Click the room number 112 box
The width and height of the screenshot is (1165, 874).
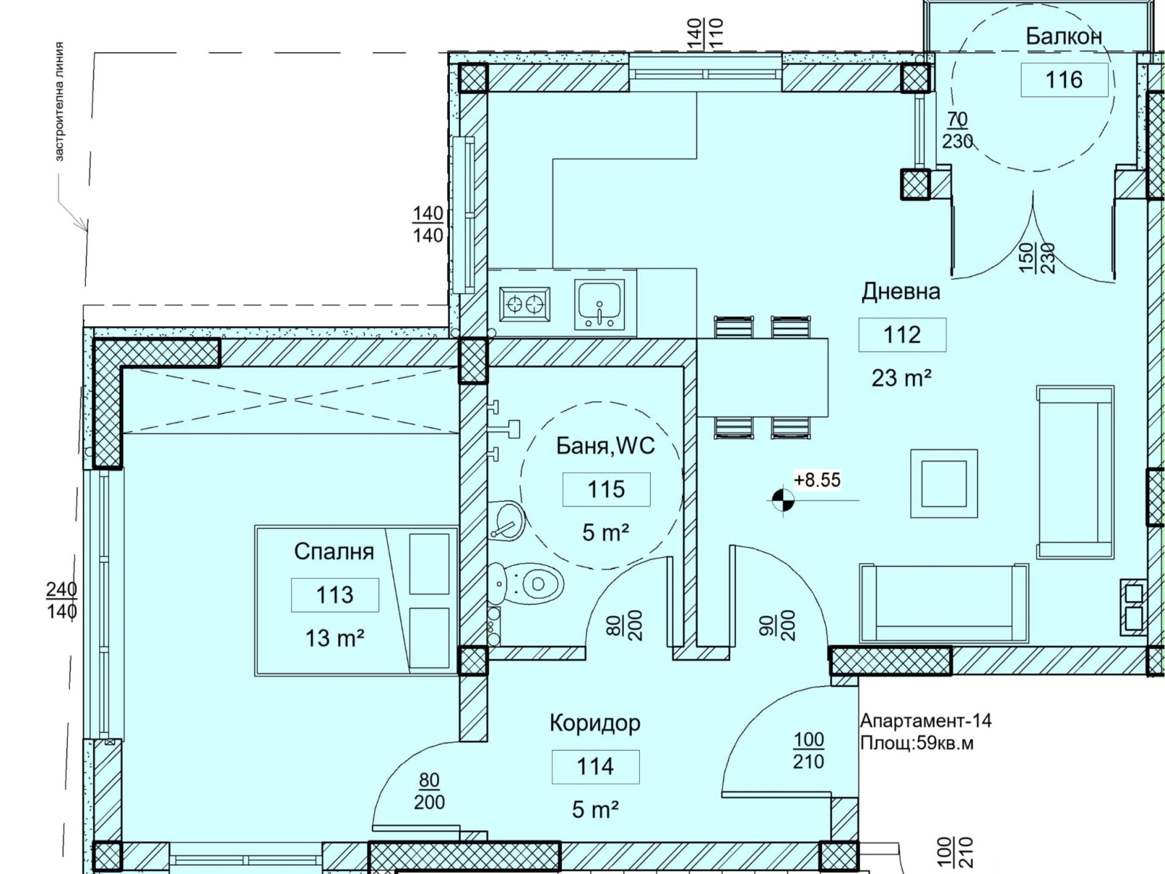tap(901, 335)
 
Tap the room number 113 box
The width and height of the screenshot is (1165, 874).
tap(335, 595)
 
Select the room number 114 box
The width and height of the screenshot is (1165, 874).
tap(596, 766)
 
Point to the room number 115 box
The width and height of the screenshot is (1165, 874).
tap(606, 489)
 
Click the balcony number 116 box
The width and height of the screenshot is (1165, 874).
tap(1065, 80)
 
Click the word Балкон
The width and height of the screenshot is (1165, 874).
tap(1064, 36)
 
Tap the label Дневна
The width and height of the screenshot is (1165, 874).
tap(901, 291)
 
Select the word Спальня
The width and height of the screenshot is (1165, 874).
tap(333, 552)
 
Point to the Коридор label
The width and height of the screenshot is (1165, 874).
tap(595, 723)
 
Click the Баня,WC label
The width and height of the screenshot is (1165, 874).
tap(606, 446)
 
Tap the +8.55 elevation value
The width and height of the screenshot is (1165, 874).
tap(818, 480)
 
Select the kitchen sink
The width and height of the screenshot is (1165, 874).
tap(599, 306)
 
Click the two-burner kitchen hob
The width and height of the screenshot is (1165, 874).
tap(524, 304)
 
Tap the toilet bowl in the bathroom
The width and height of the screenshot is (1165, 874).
tap(525, 584)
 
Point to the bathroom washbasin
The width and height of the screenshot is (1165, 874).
tap(506, 520)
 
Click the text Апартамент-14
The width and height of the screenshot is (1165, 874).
tap(925, 720)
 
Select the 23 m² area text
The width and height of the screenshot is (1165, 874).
tap(901, 378)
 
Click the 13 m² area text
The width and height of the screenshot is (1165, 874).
tap(334, 638)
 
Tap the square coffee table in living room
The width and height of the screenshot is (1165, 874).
tap(944, 484)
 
